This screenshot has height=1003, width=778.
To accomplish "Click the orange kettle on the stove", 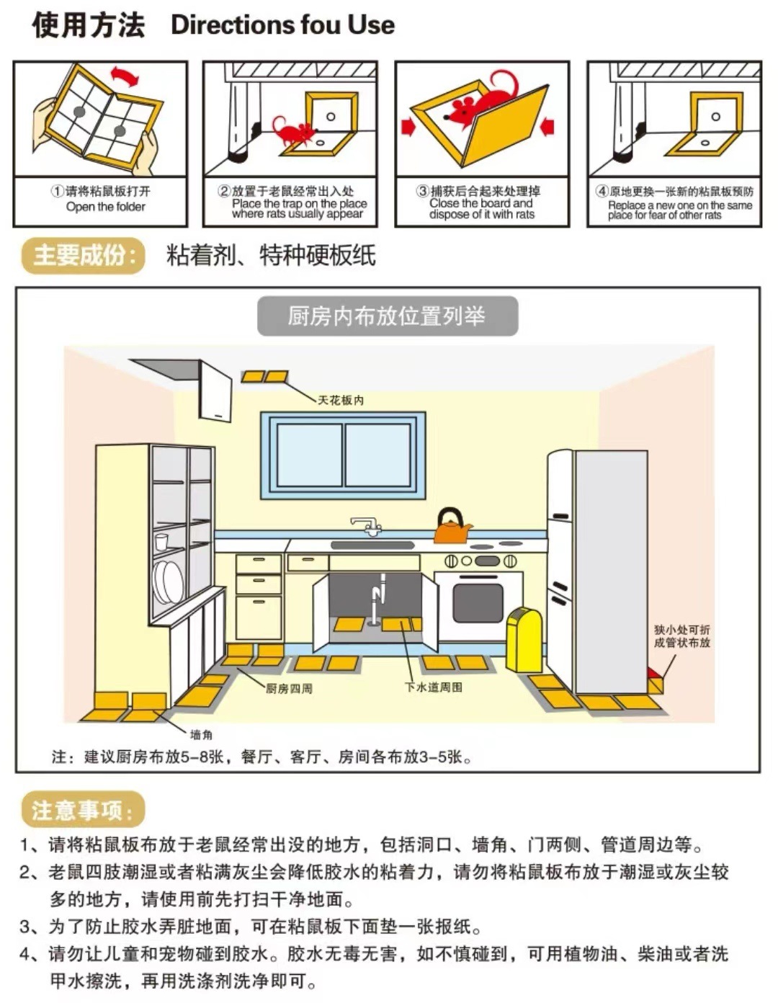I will pos(452,528).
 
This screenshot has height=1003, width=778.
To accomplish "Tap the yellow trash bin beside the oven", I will pos(524,639).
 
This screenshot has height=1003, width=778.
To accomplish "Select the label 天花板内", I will pos(341,400).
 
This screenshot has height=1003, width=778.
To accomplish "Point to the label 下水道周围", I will pos(433,687).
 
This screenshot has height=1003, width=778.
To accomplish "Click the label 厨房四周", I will pos(289,688).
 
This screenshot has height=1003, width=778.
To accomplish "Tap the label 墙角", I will pos(201,734).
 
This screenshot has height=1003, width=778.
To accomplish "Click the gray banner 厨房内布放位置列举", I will pos(387,316).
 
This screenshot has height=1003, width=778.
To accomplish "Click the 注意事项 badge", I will pos(82,810).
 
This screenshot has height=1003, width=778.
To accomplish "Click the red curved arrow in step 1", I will pos(124,76).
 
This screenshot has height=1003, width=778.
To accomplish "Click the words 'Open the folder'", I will pos(105,207).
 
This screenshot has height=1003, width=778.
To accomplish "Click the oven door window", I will pos(478,602).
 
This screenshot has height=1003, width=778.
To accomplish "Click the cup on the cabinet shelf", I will pos(161,541).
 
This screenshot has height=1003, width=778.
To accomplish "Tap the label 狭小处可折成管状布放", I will pos(681,636).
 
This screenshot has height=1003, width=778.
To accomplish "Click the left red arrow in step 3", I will pos(408,127).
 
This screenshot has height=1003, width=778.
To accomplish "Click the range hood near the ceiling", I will pos(215,390).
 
